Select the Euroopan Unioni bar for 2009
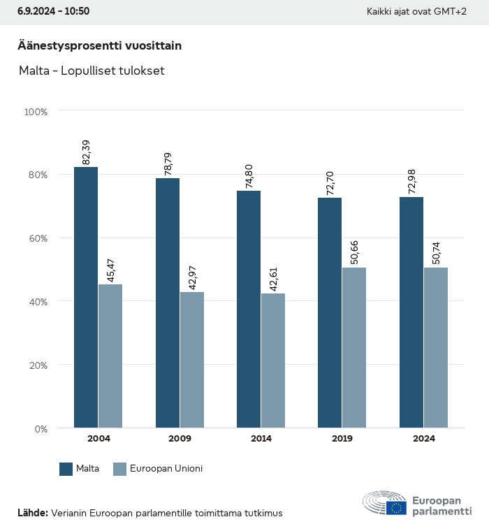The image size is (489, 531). click(x=192, y=360)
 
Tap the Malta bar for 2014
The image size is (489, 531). click(x=249, y=309)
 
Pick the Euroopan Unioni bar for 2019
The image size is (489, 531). click(x=354, y=347)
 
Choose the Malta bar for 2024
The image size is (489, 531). click(x=411, y=312)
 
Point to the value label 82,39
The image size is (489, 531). click(x=87, y=152)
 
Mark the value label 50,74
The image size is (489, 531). click(x=436, y=253)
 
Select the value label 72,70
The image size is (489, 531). click(x=330, y=183)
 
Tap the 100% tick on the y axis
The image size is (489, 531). click(x=36, y=111)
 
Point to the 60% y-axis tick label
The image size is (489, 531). click(x=37, y=238)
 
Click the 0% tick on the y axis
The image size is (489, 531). click(x=41, y=428)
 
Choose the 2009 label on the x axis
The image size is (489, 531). click(x=180, y=439)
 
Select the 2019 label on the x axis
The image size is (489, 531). click(x=342, y=439)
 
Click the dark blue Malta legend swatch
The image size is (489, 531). click(x=66, y=469)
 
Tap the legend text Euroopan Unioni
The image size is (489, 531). click(x=166, y=469)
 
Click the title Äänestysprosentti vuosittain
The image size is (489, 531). click(x=99, y=46)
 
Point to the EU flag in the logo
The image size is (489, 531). click(x=397, y=508)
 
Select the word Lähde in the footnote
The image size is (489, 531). click(x=32, y=513)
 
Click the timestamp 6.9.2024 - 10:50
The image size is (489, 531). click(x=53, y=11)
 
